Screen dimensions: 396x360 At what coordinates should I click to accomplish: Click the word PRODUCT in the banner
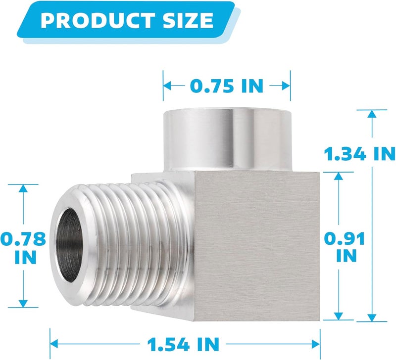click(x=98, y=20)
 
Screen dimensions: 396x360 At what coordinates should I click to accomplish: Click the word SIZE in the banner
click(x=188, y=20)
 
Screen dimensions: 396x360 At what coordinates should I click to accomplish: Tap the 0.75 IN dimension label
click(x=227, y=86)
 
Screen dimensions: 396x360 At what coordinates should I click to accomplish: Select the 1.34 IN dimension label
click(x=360, y=154)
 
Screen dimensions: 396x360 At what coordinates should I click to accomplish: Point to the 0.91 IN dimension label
click(x=345, y=247)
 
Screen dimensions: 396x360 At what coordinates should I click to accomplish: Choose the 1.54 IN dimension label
click(x=183, y=344)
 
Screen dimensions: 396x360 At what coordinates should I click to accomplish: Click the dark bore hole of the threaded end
click(x=69, y=245)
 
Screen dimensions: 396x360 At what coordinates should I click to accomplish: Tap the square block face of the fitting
click(x=257, y=246)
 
